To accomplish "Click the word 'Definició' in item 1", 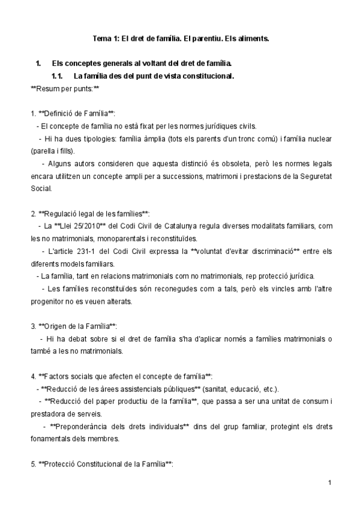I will tap(61, 114).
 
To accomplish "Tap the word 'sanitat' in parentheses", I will tap(215, 389).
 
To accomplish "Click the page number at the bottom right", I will tap(330, 483).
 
